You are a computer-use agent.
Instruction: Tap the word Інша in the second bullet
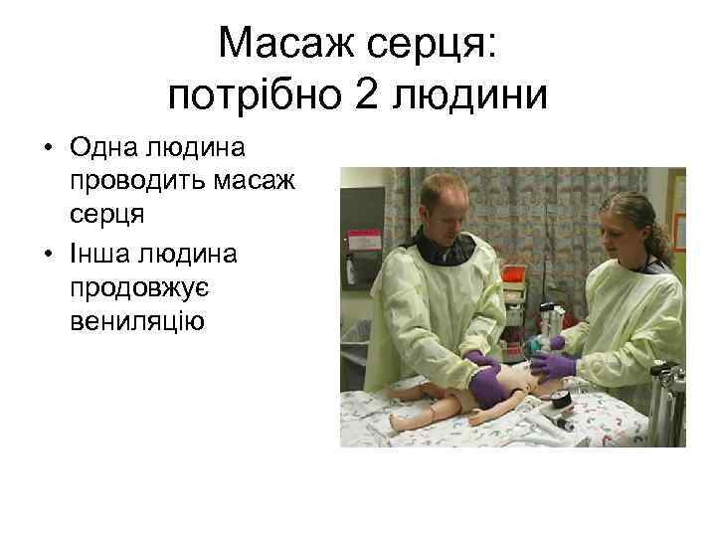pyautogui.click(x=103, y=254)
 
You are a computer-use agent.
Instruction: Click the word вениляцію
pyautogui.click(x=136, y=319)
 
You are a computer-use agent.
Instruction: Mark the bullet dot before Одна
pyautogui.click(x=47, y=151)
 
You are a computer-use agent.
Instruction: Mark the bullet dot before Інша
pyautogui.click(x=47, y=256)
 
